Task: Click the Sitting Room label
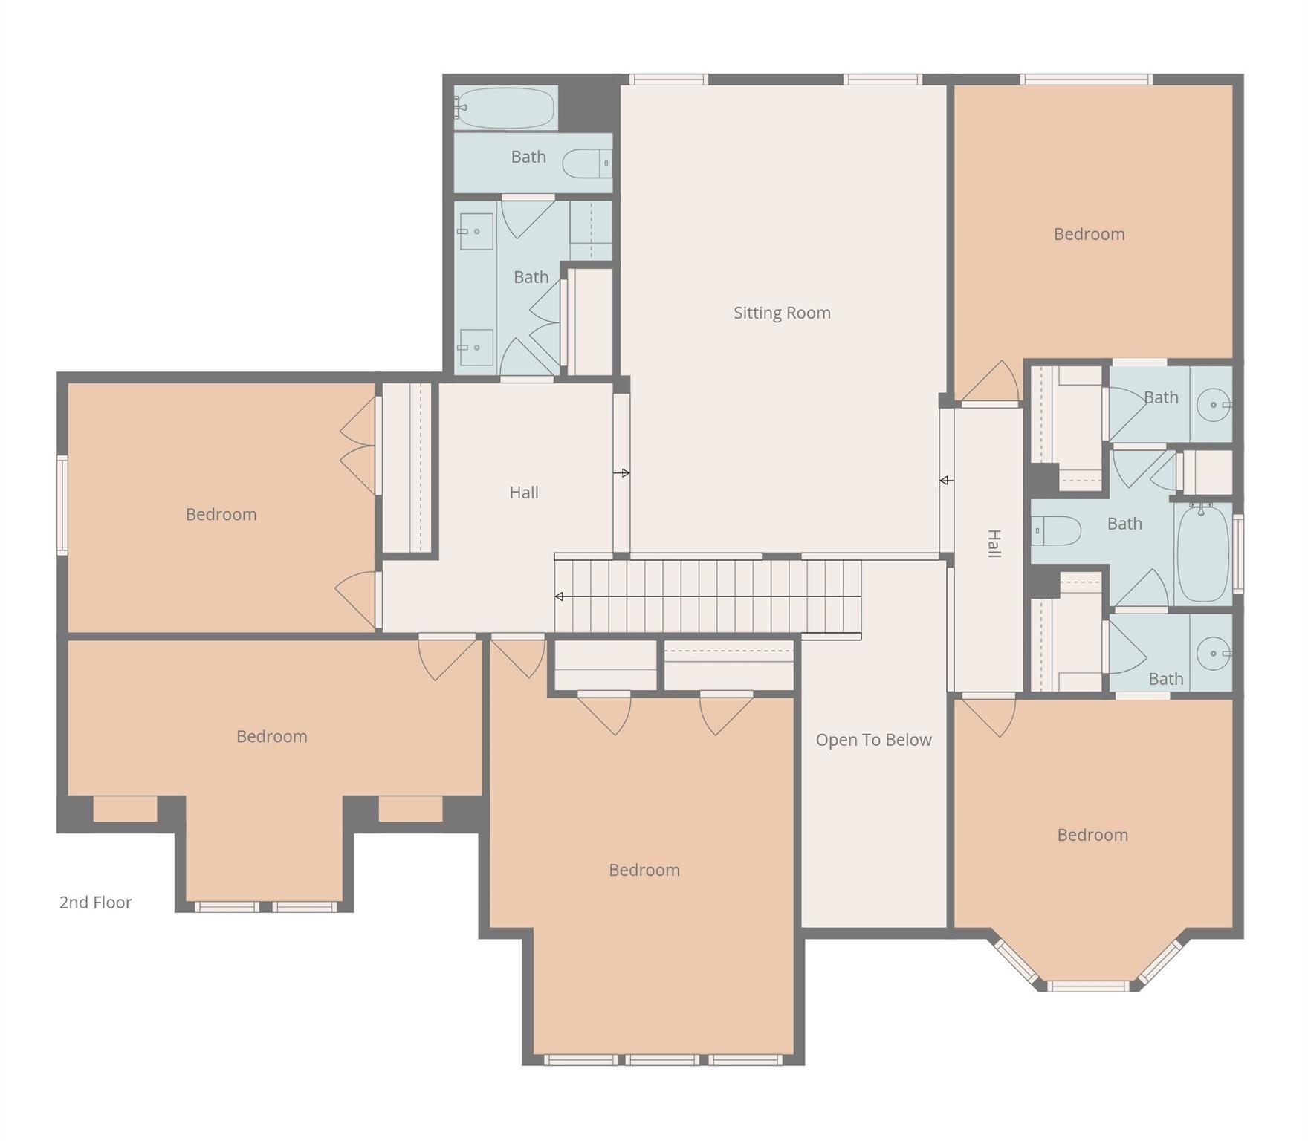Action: point(782,313)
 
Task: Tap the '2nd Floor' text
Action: point(95,902)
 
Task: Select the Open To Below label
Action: point(873,740)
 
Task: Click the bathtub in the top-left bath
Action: point(505,108)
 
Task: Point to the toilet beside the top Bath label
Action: point(586,163)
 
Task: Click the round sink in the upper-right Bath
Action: point(1214,405)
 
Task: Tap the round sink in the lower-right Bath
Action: point(1214,654)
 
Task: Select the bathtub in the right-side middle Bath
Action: point(1202,553)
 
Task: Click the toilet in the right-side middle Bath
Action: point(1056,530)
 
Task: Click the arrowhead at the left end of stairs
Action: point(559,596)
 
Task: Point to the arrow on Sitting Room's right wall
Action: point(945,481)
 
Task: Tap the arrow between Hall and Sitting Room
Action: point(623,473)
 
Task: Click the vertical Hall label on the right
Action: point(994,544)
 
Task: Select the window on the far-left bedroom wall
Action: point(62,505)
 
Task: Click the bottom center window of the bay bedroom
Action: point(1088,986)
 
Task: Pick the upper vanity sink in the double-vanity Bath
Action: point(476,231)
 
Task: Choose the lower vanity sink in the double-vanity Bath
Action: point(476,347)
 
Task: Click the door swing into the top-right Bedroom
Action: point(992,382)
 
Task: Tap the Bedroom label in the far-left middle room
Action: point(221,514)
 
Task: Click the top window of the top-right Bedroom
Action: point(1086,79)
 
